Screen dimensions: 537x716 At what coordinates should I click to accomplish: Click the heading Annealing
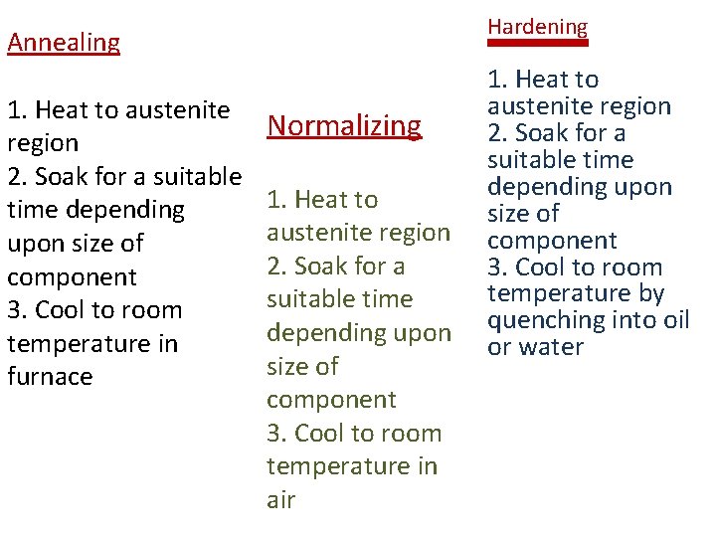click(x=64, y=43)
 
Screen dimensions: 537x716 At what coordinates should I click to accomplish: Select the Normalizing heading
click(x=344, y=125)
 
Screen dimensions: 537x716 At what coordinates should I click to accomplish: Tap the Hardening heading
click(x=537, y=27)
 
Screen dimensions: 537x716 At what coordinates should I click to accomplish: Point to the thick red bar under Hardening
click(x=537, y=43)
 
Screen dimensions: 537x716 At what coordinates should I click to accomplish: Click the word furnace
click(x=50, y=377)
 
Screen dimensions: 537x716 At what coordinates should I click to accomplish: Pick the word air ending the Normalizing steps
click(x=280, y=500)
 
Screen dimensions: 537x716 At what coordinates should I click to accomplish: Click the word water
click(x=550, y=347)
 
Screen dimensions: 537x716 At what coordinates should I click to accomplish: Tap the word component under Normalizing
click(x=331, y=400)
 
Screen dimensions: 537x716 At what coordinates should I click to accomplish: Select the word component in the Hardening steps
click(x=552, y=241)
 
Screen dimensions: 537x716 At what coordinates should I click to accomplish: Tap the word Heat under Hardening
click(x=545, y=80)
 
